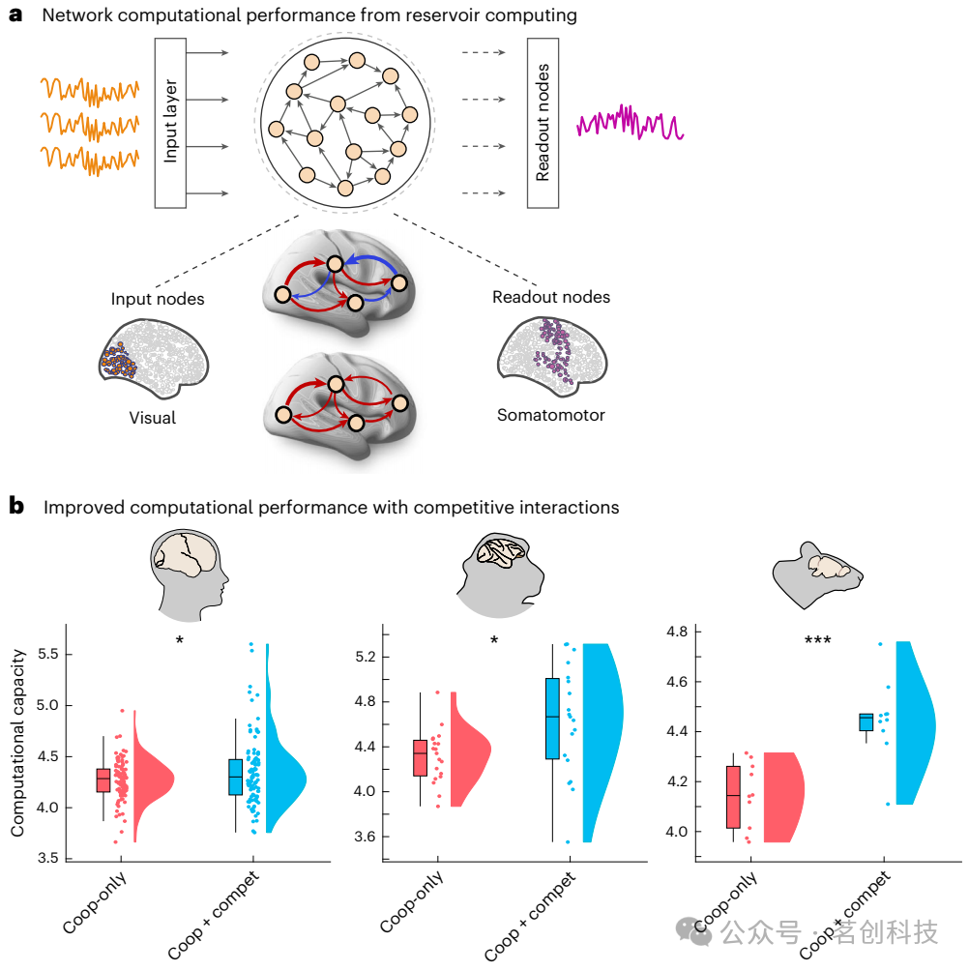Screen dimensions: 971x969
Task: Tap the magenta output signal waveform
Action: (630, 124)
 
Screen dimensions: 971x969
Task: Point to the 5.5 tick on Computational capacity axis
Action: (61, 655)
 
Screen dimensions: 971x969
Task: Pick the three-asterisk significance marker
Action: (817, 640)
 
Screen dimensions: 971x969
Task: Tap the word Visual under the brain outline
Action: (153, 419)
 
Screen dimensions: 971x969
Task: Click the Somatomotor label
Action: (550, 415)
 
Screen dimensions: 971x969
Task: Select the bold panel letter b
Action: (15, 505)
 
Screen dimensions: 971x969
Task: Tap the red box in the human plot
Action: (103, 780)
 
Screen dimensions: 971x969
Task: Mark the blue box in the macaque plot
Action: (552, 718)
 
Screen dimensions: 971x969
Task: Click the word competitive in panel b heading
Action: (451, 507)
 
